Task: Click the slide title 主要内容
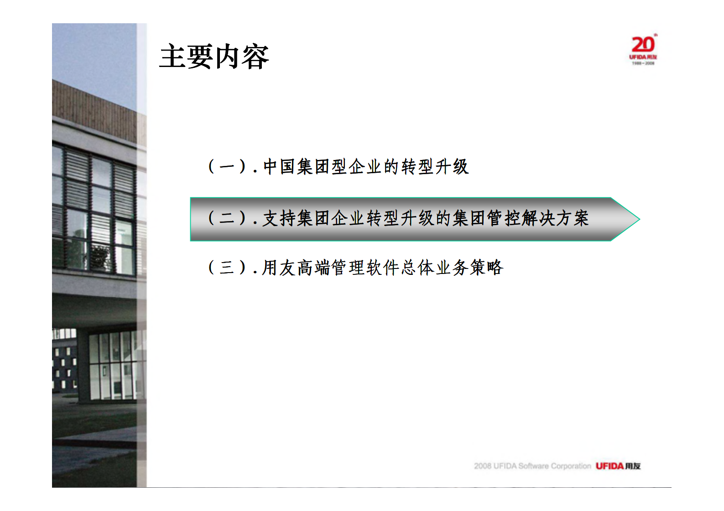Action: (214, 57)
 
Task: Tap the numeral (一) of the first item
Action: (227, 166)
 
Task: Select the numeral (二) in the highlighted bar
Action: (227, 218)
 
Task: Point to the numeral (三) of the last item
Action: (227, 267)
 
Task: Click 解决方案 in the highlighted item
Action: (555, 218)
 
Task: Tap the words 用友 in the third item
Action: (279, 268)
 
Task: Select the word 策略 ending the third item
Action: (487, 268)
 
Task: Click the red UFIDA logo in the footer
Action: (609, 466)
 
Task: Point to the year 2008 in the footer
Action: (483, 466)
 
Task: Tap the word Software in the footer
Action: (533, 466)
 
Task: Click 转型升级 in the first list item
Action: (435, 167)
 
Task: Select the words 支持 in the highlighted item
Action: (279, 218)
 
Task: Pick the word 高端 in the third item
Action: (313, 268)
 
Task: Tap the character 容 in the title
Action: (255, 57)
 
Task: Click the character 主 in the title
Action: (173, 57)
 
